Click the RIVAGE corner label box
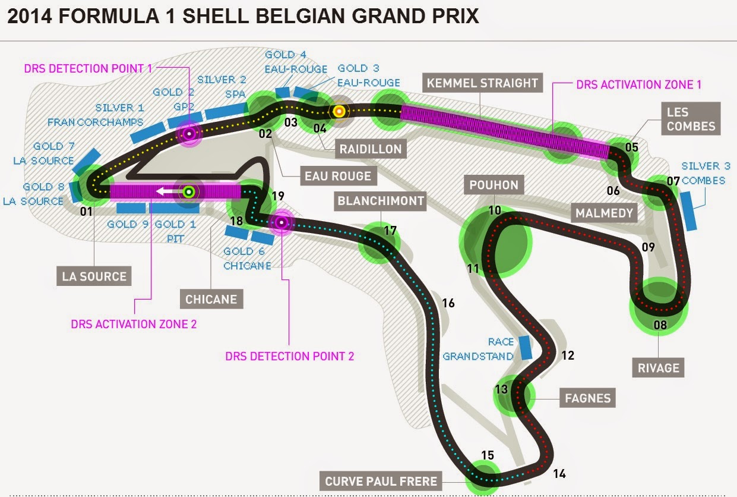click(658, 367)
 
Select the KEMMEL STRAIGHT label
click(481, 83)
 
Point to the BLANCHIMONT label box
click(380, 201)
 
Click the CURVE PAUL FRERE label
click(381, 481)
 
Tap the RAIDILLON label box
click(371, 149)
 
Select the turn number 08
click(660, 325)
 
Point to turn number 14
click(559, 474)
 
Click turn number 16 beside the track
click(448, 303)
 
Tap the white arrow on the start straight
click(166, 191)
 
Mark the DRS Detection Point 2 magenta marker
click(281, 223)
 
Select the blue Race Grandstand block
click(524, 348)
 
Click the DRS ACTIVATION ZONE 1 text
click(638, 85)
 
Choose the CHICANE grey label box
click(211, 299)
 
